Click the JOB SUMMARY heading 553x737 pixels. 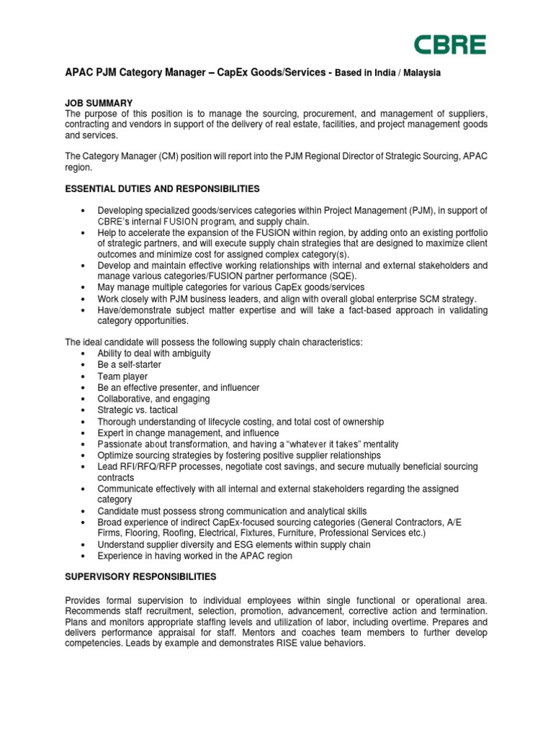pos(99,103)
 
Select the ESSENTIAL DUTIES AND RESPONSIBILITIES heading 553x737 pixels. pos(162,189)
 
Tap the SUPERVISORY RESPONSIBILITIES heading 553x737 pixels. pos(140,577)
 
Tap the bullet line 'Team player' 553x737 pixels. pos(122,376)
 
